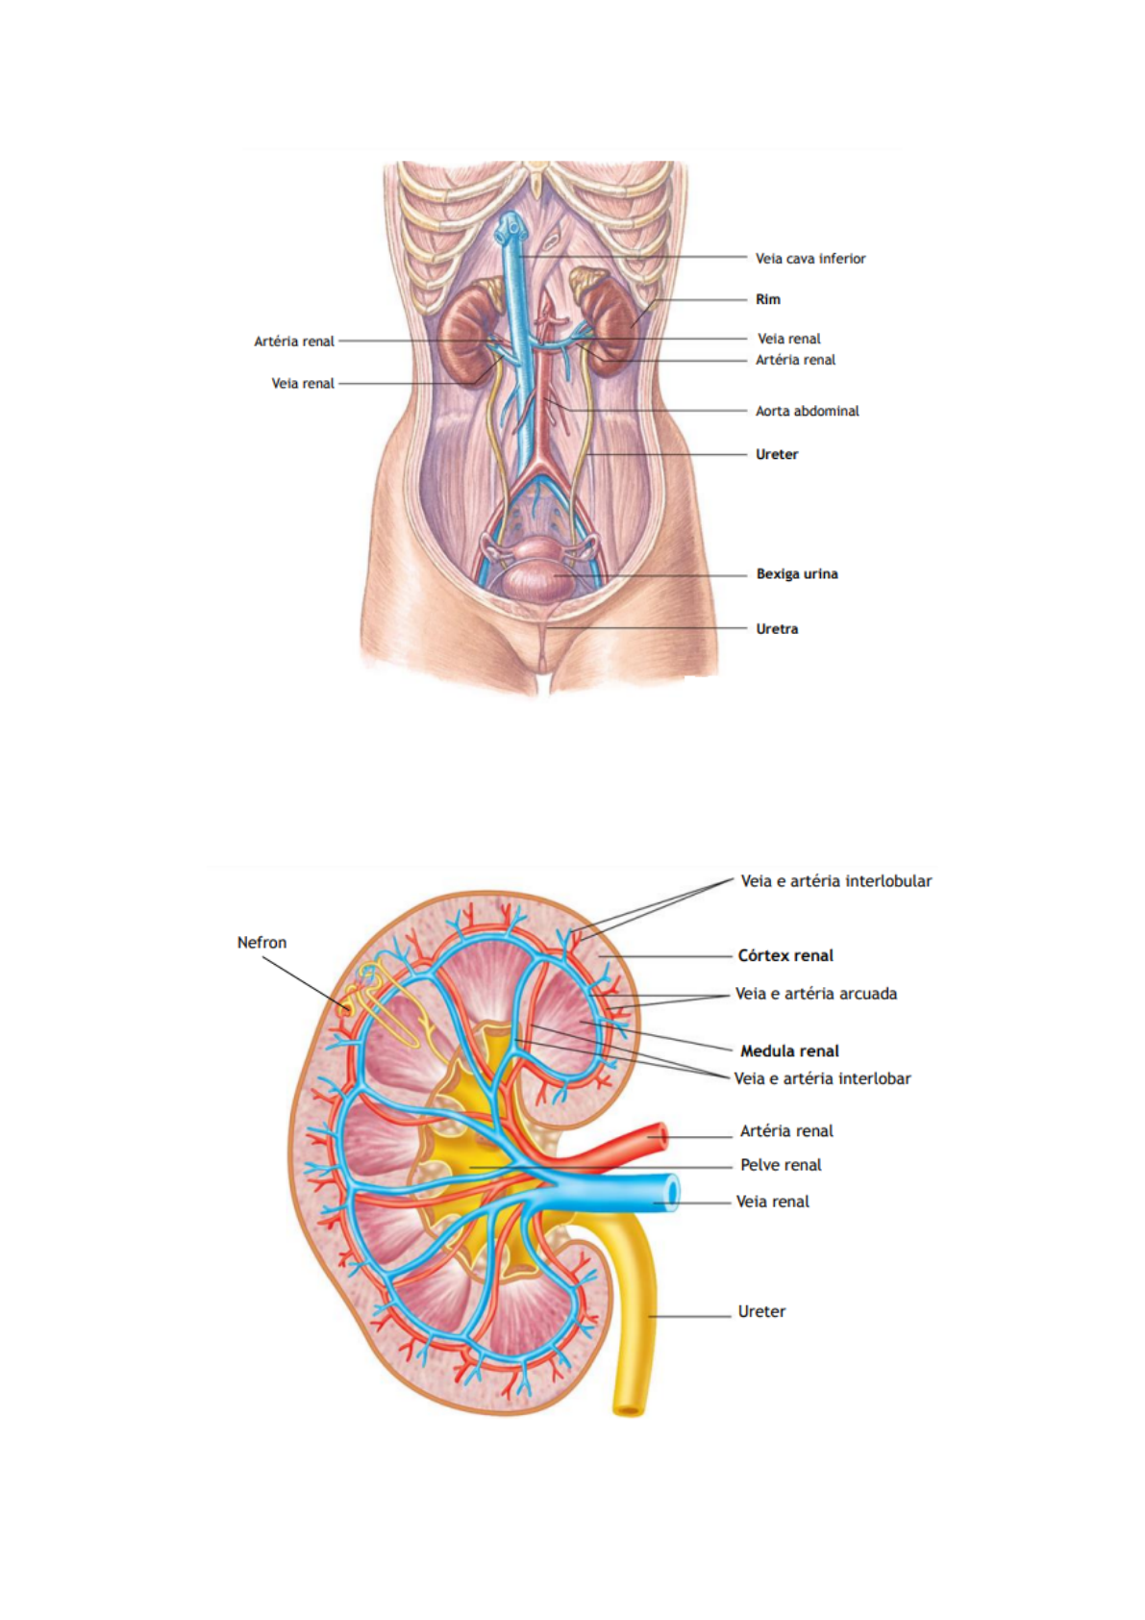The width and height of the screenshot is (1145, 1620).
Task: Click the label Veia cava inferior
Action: click(809, 259)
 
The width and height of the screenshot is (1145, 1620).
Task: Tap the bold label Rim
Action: click(767, 299)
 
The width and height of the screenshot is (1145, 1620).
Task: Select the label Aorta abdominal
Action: click(807, 411)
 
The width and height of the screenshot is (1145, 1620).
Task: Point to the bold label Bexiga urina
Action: click(796, 574)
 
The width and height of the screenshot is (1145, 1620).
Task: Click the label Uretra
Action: click(777, 629)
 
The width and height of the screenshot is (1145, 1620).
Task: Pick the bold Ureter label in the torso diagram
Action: click(776, 454)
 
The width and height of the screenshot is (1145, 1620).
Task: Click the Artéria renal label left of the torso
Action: click(294, 342)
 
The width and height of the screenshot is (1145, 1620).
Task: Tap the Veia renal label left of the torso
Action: click(303, 384)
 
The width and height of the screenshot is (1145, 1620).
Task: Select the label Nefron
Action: click(261, 943)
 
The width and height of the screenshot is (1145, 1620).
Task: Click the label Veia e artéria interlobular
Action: click(835, 881)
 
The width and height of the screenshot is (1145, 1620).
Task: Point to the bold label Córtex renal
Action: click(784, 956)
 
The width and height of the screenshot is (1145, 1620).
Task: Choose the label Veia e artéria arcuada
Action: click(815, 994)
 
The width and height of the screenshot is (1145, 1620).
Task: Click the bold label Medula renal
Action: click(789, 1051)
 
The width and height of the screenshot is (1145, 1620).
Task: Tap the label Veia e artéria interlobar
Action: click(822, 1079)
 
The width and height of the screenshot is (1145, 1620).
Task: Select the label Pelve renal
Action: click(781, 1165)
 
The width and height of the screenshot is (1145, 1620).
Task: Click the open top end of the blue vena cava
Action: click(510, 227)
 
